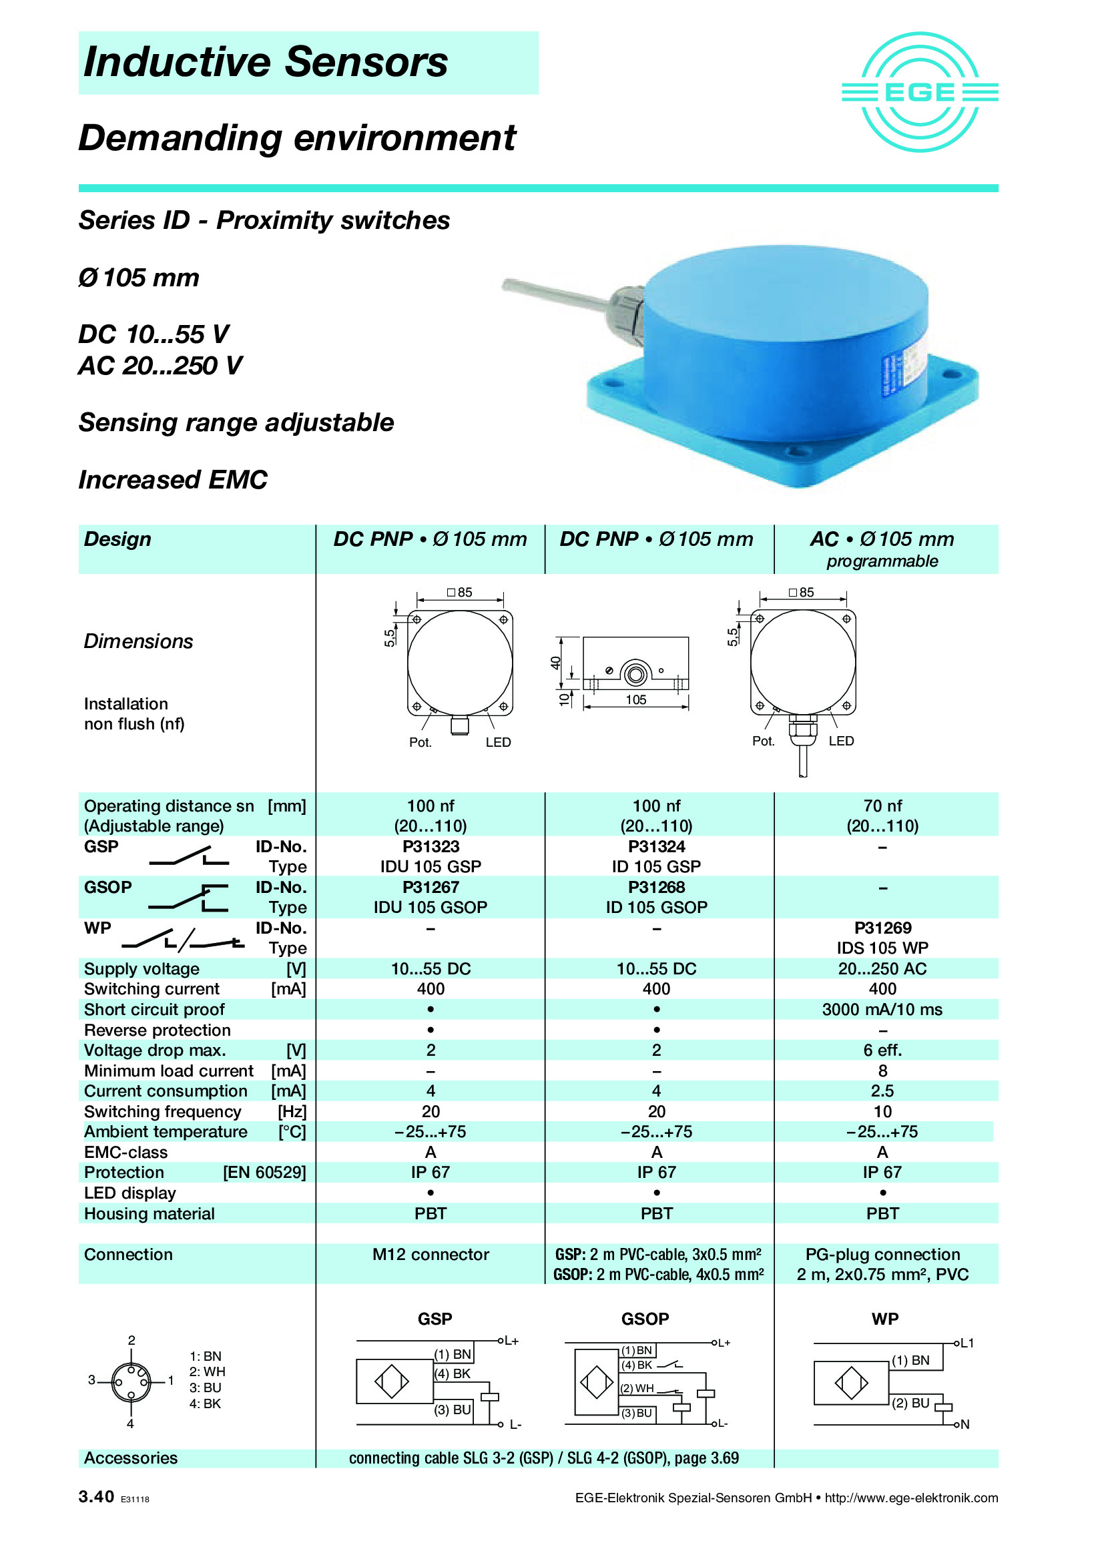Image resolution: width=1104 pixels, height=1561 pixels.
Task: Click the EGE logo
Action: [x=919, y=92]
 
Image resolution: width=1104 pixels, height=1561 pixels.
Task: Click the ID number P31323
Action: [x=431, y=846]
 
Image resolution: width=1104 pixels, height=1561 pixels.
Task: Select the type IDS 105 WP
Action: [x=882, y=948]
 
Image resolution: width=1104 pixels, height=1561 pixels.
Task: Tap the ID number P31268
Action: [x=656, y=887]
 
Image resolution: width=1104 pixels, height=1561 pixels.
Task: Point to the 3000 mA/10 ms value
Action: [x=882, y=1010]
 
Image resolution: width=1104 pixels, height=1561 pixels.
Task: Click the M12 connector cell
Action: [x=431, y=1255]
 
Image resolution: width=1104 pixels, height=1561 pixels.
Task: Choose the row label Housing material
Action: [x=149, y=1213]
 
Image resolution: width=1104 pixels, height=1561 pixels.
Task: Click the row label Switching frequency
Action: [x=162, y=1112]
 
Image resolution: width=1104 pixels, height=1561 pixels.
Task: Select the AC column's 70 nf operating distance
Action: [x=882, y=806]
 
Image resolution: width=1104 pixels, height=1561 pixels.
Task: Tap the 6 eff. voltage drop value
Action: [x=882, y=1050]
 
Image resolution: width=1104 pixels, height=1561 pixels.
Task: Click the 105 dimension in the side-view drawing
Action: [x=635, y=699]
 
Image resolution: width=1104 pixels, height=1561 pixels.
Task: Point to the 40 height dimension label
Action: [x=555, y=663]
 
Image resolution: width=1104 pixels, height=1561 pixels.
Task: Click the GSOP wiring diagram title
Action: [x=645, y=1319]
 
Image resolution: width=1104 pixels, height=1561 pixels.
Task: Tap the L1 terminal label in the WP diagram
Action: [x=967, y=1343]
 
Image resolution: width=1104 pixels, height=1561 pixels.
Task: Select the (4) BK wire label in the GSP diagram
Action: [x=453, y=1373]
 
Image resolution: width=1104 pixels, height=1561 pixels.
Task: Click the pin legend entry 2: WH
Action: [x=207, y=1372]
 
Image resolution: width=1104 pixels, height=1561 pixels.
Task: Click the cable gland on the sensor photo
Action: [x=627, y=306]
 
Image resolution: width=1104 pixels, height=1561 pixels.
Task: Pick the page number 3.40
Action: [x=96, y=1497]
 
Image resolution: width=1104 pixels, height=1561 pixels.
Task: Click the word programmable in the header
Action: [x=882, y=561]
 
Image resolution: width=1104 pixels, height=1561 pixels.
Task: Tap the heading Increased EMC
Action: [x=173, y=480]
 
